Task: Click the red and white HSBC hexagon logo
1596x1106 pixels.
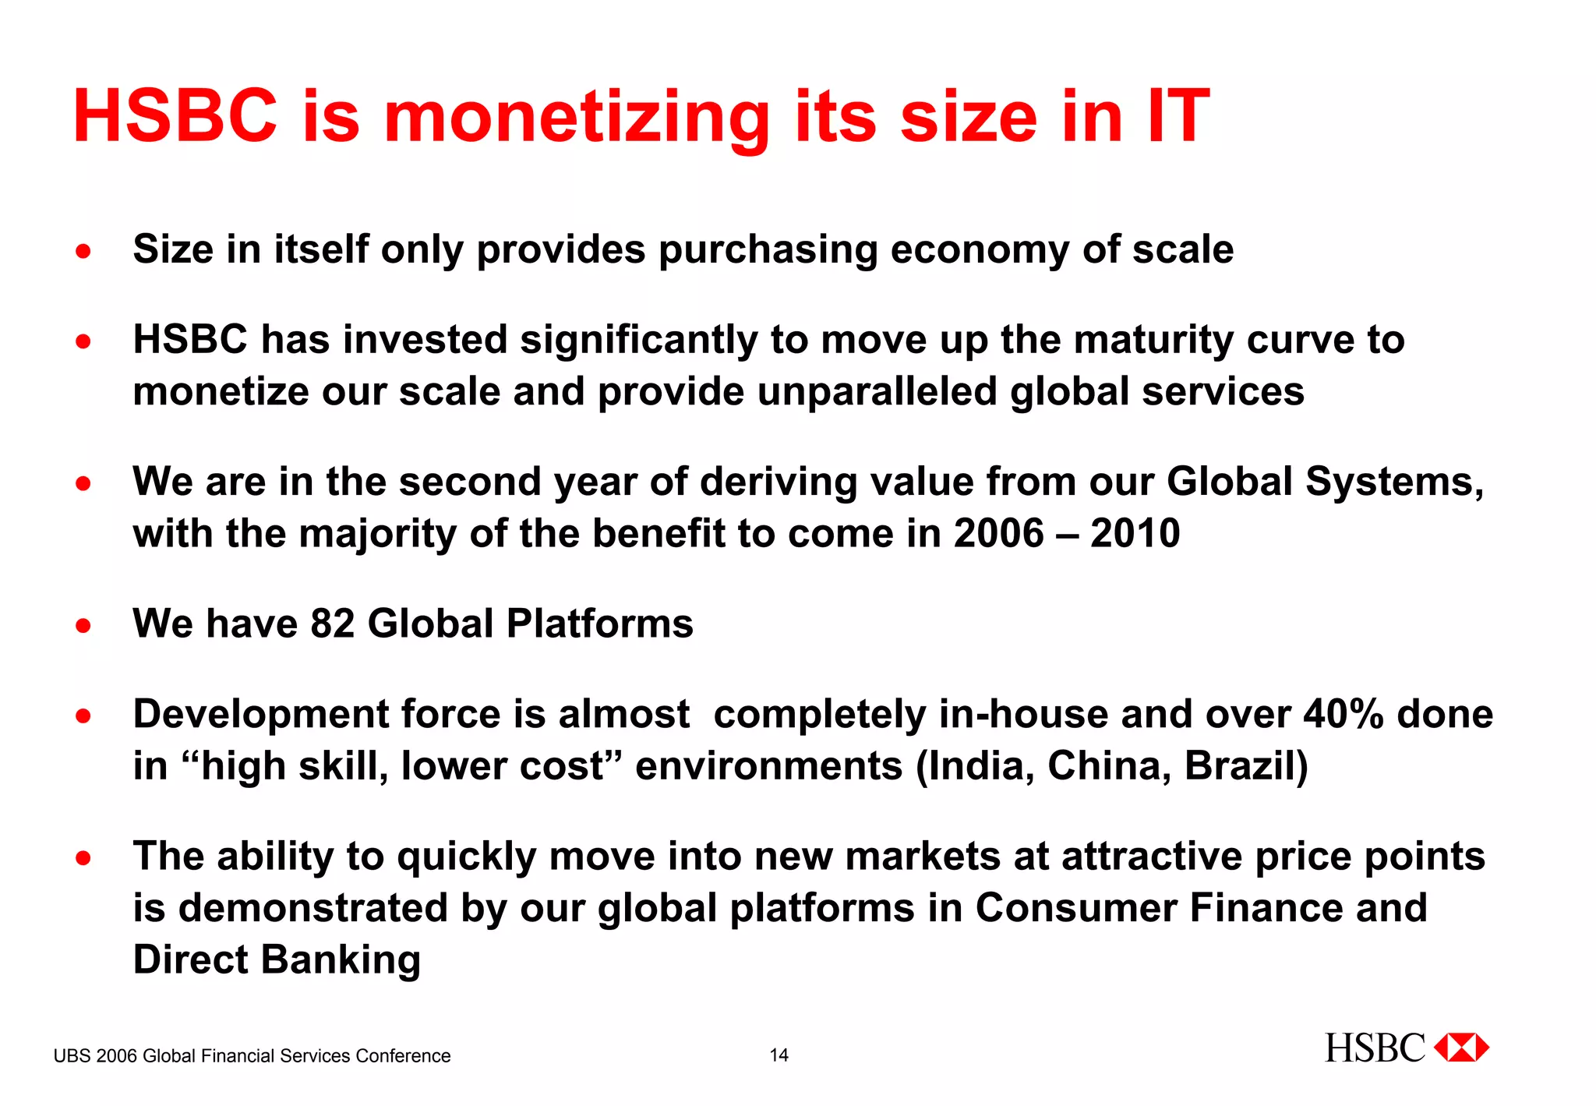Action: click(1462, 1048)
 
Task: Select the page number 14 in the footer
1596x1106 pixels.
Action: click(779, 1055)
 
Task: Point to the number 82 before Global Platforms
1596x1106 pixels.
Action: click(333, 624)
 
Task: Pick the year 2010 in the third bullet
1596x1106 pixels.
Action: click(1135, 534)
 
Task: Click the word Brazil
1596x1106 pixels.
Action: click(1245, 765)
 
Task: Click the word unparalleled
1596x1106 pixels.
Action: click(877, 391)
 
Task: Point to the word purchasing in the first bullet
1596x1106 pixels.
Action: click(768, 250)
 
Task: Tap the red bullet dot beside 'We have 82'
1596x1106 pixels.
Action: click(83, 625)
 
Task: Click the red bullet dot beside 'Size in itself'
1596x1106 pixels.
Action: click(83, 251)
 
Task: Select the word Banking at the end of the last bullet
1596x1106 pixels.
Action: click(341, 959)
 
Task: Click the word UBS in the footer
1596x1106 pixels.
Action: click(72, 1056)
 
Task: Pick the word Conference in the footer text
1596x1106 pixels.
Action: click(403, 1056)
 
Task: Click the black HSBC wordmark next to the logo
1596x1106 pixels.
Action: click(1375, 1048)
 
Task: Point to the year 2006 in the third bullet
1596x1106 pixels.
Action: click(998, 534)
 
